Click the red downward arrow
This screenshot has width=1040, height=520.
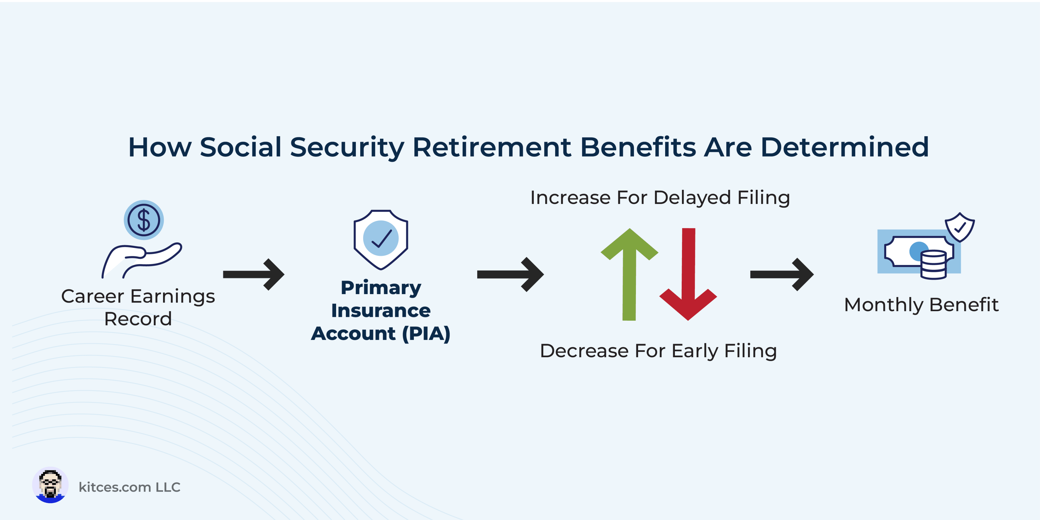(x=688, y=275)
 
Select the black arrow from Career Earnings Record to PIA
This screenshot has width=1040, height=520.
(x=253, y=275)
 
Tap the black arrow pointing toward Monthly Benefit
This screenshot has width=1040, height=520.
(x=782, y=275)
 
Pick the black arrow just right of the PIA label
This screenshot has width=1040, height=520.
(x=510, y=275)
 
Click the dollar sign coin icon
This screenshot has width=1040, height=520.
(x=144, y=220)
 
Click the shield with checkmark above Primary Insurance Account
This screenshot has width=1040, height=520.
(x=381, y=239)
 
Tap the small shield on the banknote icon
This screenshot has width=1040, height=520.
(x=960, y=227)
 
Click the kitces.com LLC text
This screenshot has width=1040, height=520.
(x=129, y=487)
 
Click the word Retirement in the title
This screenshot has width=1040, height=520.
(x=492, y=147)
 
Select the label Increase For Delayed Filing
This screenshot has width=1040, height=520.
(x=660, y=198)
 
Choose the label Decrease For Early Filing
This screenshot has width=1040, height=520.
(x=658, y=351)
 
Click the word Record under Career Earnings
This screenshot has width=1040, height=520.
(x=138, y=319)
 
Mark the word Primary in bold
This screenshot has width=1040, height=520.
(x=381, y=288)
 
